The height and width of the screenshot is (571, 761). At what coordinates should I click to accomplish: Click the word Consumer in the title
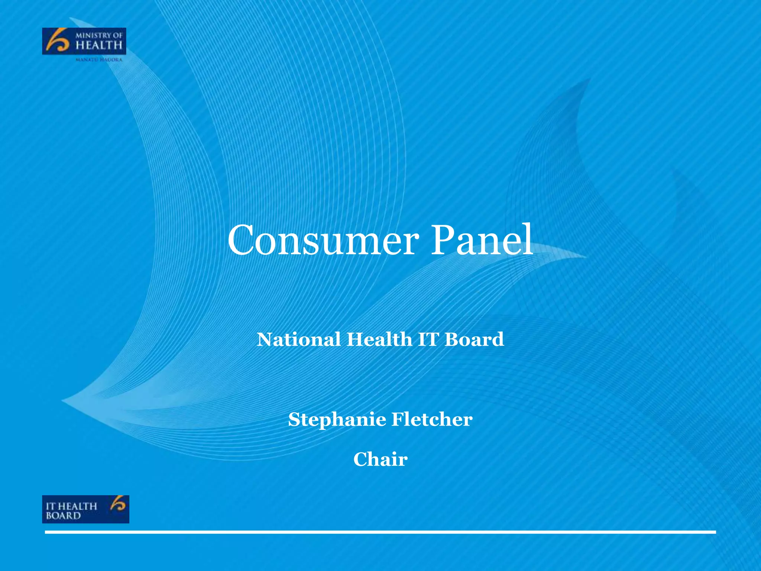(x=321, y=241)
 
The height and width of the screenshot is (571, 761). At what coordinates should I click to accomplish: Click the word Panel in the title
(x=482, y=241)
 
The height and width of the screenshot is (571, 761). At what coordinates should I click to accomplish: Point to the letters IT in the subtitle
(x=428, y=339)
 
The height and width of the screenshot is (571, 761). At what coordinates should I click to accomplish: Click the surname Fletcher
(x=432, y=419)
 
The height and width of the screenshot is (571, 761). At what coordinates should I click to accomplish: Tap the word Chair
(x=380, y=459)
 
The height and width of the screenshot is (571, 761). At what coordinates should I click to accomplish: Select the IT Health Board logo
(x=85, y=509)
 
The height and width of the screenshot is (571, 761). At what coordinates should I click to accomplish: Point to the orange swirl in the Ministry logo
(x=57, y=42)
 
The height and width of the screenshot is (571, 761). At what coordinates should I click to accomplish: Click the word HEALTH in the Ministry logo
(x=99, y=46)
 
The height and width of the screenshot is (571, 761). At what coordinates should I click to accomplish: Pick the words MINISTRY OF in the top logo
(x=99, y=36)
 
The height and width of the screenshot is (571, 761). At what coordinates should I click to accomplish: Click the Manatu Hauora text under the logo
(x=99, y=59)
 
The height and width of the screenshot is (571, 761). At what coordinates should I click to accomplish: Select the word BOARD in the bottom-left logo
(x=63, y=516)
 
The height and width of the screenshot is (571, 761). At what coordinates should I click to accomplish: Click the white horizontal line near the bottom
(x=380, y=532)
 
